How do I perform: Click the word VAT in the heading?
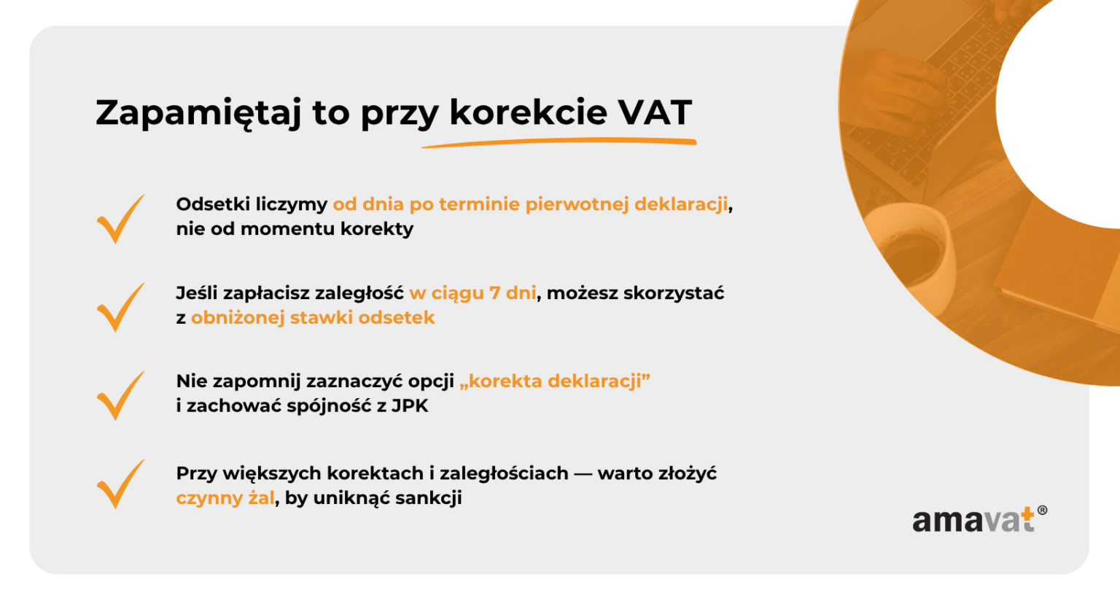[x=655, y=112]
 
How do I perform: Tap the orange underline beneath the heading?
[x=559, y=142]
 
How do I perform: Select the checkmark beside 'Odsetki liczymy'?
[x=120, y=219]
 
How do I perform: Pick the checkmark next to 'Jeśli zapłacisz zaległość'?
[x=120, y=307]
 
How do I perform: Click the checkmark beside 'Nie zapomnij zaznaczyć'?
[x=120, y=395]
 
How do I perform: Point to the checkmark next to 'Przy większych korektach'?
[x=120, y=484]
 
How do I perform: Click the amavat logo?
[x=974, y=520]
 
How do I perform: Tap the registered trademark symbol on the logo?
[x=1042, y=511]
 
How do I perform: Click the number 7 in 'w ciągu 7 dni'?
[x=494, y=293]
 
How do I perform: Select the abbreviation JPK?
[x=410, y=406]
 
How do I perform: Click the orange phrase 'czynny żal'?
[x=225, y=499]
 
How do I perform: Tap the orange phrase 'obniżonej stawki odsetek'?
[x=313, y=318]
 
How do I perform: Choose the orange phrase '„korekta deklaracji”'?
[x=555, y=381]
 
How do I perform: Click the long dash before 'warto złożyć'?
[x=583, y=474]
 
